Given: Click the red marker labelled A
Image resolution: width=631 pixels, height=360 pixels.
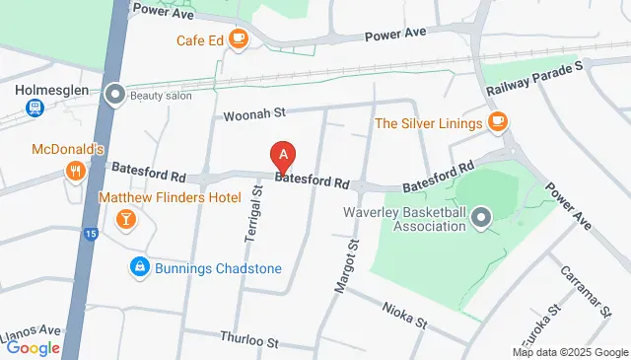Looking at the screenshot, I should (x=284, y=156).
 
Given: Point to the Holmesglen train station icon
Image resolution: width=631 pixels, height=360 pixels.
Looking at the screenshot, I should (x=33, y=108).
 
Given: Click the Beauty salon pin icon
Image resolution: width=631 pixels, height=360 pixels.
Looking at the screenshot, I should (x=115, y=96).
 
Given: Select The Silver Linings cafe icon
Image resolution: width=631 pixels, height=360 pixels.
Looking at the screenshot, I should (x=499, y=122).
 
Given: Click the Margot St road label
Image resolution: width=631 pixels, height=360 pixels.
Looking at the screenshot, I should (x=344, y=265).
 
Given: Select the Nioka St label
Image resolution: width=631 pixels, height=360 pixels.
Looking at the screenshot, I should (x=404, y=315).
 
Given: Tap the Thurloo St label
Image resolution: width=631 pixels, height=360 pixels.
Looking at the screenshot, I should (x=250, y=340).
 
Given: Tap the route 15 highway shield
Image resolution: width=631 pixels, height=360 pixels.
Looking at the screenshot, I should (x=91, y=235).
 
